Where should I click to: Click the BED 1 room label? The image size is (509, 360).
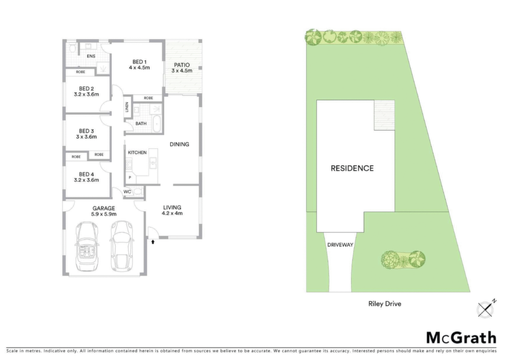pos(140,62)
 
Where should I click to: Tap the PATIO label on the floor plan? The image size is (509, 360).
pos(182,65)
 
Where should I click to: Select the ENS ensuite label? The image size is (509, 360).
pos(91,56)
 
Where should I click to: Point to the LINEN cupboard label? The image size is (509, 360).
pos(127,107)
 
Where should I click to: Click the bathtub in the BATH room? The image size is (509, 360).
pos(157,123)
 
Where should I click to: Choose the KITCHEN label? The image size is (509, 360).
pos(137,152)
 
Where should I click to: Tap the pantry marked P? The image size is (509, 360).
pos(130,178)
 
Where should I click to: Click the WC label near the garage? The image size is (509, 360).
pos(127,192)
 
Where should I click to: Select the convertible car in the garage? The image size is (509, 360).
pos(86,246)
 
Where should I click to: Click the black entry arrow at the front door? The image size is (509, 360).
pos(153,242)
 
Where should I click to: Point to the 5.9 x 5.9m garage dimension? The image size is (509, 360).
pos(104,214)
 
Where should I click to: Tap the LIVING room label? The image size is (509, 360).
pos(172,207)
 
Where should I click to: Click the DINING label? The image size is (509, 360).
pos(179,145)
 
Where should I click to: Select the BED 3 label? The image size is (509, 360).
pos(86,131)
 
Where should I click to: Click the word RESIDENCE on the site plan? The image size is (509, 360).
pos(352,168)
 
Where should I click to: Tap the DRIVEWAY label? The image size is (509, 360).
pos(340,245)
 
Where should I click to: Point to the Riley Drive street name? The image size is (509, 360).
pos(385,304)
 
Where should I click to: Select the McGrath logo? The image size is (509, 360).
pos(461,338)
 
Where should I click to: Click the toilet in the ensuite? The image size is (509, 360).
pos(73,48)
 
